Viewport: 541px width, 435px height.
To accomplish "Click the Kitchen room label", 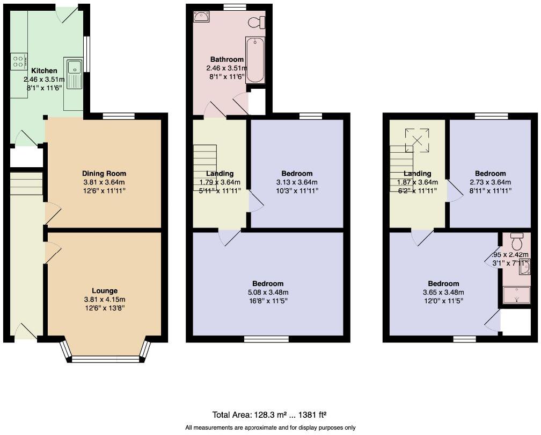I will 44,71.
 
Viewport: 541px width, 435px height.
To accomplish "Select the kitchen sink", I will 74,67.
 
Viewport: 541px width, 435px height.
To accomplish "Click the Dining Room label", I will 104,173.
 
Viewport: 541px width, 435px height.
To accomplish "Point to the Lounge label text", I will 104,291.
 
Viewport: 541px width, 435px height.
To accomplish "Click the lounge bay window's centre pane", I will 105,359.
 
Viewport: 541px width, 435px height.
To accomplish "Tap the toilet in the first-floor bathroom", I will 257,23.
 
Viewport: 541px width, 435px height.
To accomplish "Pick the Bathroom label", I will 226,59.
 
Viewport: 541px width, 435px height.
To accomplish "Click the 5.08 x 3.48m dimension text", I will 268,292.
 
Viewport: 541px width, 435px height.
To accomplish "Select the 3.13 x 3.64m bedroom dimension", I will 297,182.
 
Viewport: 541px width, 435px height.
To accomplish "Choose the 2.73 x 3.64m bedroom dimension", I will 490,182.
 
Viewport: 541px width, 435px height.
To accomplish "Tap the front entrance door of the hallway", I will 26,332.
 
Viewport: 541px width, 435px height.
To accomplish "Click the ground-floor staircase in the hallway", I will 26,184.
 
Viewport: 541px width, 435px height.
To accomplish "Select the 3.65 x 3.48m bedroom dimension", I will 443,293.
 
